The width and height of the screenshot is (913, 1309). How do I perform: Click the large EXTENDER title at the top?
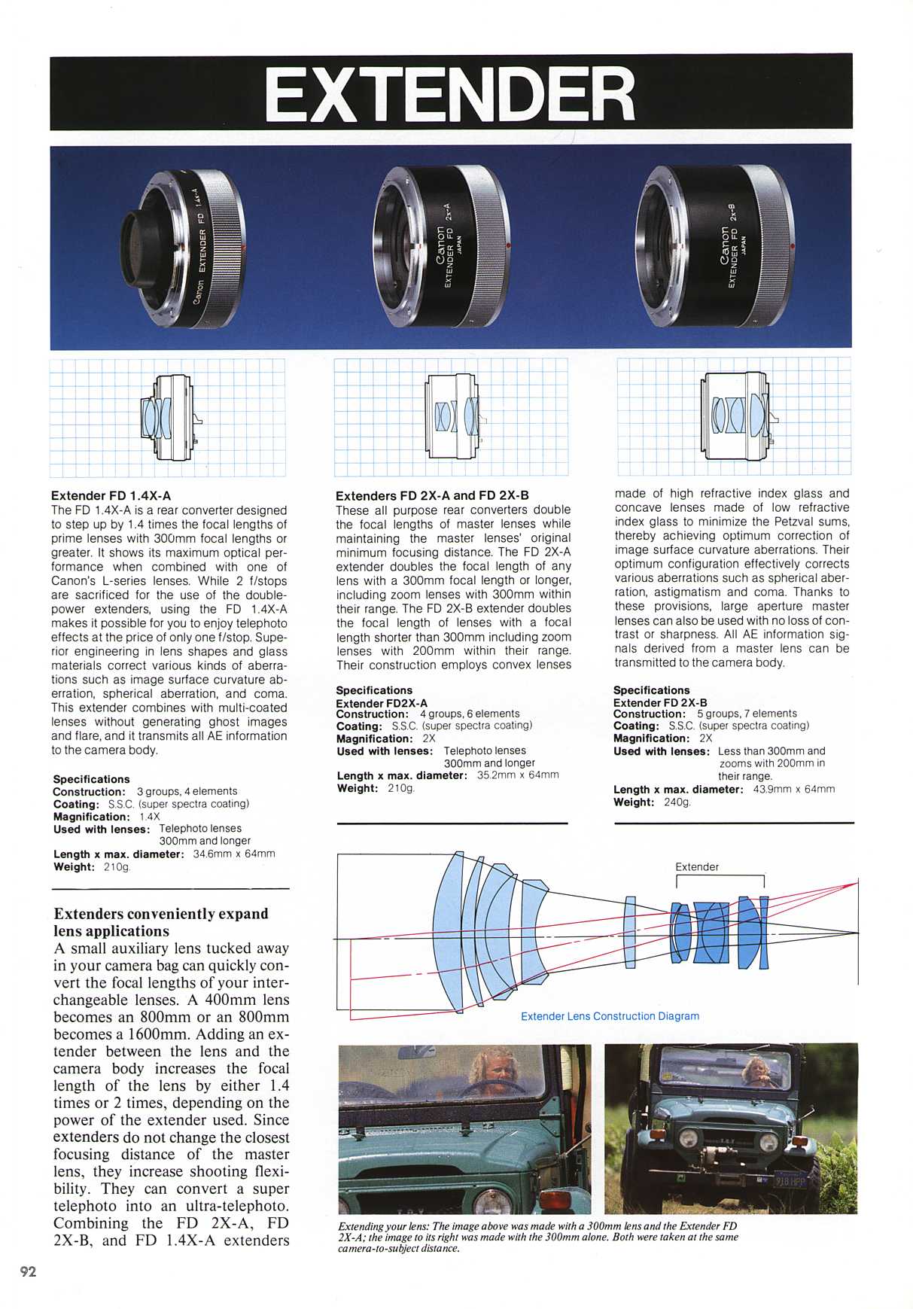pos(450,94)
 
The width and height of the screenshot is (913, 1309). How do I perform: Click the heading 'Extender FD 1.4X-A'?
pos(111,495)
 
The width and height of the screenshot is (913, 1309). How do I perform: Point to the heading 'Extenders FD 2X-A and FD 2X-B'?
pos(432,495)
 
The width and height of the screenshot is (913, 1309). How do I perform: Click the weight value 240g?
pos(677,802)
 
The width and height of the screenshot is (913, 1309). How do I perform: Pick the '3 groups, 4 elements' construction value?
pos(187,791)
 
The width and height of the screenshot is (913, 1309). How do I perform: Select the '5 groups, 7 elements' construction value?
pos(747,713)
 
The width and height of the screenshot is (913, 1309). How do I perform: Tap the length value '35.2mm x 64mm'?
pos(518,775)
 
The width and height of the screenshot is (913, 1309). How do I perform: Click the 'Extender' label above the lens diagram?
pos(697,866)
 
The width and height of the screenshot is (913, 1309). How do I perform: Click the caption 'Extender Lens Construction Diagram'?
pos(610,1016)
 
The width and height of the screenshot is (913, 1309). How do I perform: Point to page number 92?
pos(28,1271)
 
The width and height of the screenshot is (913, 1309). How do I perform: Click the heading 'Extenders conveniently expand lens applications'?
pos(161,922)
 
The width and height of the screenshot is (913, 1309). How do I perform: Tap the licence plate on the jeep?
pos(790,1181)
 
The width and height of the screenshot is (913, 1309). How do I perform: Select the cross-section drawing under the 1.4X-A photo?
pos(167,418)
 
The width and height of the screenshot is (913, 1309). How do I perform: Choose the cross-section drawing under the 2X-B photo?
pos(734,416)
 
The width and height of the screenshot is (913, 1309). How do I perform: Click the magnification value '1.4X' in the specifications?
pos(150,817)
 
